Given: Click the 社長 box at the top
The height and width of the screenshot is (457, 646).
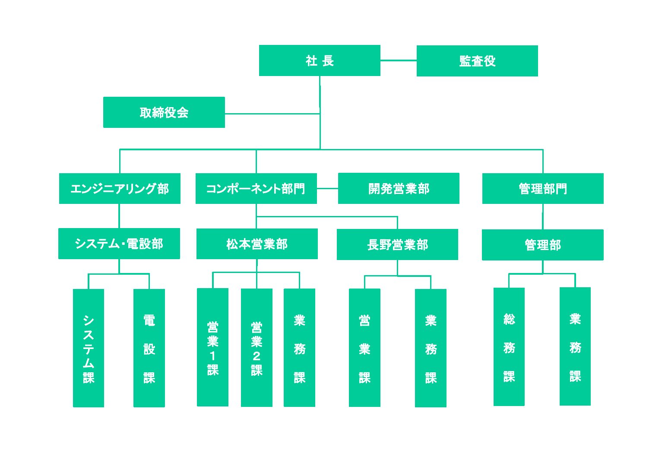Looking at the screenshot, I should pos(320,60).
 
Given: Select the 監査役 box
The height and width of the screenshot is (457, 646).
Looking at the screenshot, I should pos(477,61).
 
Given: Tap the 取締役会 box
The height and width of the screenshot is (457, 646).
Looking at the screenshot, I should pos(164,112).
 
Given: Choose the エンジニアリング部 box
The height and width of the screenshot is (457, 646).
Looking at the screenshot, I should pos(120,188).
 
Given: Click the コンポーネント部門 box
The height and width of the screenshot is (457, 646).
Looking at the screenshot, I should pos(256,188).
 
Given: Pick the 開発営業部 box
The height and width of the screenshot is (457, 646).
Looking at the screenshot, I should pos(398,188).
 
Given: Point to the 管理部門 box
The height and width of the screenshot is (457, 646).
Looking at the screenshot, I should pos(542,188).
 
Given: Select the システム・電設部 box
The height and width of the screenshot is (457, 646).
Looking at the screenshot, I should pos(119,244).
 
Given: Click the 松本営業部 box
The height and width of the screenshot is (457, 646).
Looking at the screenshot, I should pos(257,244).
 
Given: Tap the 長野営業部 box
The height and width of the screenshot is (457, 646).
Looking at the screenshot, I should pos(397,244).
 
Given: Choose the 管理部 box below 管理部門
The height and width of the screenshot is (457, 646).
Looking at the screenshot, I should pos(542,245).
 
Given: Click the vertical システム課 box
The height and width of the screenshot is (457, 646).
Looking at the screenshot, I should pos(89,348).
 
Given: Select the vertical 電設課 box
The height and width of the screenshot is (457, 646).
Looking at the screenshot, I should pos(149,348).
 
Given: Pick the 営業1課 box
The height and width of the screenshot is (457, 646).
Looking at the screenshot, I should pos(212,347).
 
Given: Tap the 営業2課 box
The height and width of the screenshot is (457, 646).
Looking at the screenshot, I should pos(256,348).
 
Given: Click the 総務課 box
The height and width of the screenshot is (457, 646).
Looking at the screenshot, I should pos(509,347).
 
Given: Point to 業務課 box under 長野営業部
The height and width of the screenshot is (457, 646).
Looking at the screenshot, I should pos(431,348).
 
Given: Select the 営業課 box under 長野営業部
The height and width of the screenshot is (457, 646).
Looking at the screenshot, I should pos(364,348).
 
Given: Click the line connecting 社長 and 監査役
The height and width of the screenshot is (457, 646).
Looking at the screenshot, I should pos(398,60).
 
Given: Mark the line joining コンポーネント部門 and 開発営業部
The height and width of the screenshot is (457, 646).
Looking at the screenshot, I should pos(327,188).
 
